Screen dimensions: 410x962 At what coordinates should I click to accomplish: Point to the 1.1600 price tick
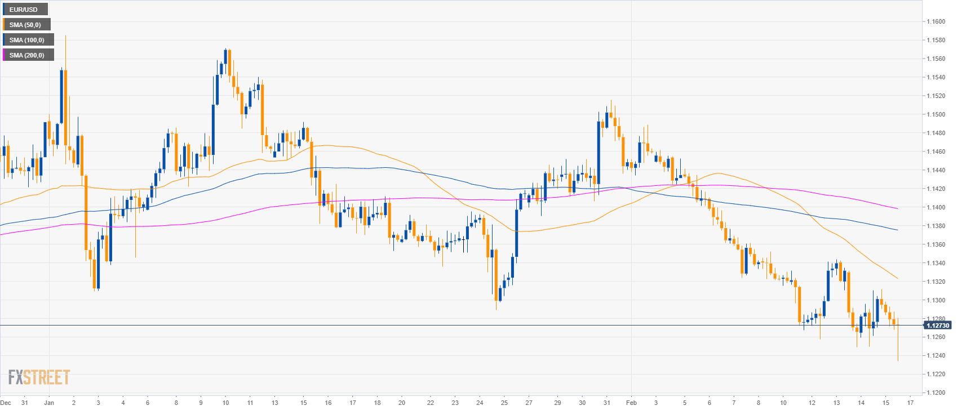pyautogui.click(x=936, y=22)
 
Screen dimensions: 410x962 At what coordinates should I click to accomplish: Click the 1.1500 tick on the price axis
pyautogui.click(x=936, y=114)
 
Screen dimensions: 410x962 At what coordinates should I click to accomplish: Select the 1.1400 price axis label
pyautogui.click(x=936, y=207)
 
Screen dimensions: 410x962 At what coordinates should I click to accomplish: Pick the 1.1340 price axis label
pyautogui.click(x=936, y=263)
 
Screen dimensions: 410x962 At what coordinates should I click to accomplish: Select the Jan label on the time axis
pyautogui.click(x=49, y=403)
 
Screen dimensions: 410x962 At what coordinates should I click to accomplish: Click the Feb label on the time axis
pyautogui.click(x=631, y=403)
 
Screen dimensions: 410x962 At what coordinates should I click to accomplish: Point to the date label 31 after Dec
pyautogui.click(x=24, y=403)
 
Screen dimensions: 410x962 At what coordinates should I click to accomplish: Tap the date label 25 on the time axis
pyautogui.click(x=504, y=403)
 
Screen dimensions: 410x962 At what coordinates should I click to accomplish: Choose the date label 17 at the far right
pyautogui.click(x=911, y=403)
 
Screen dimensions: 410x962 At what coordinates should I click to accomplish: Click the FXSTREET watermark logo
pyautogui.click(x=39, y=377)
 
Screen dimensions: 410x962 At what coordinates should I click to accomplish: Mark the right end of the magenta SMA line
pyautogui.click(x=898, y=209)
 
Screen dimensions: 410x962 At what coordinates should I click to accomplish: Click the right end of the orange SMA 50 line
pyautogui.click(x=898, y=278)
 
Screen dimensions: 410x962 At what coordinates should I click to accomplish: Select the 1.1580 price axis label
pyautogui.click(x=936, y=40)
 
